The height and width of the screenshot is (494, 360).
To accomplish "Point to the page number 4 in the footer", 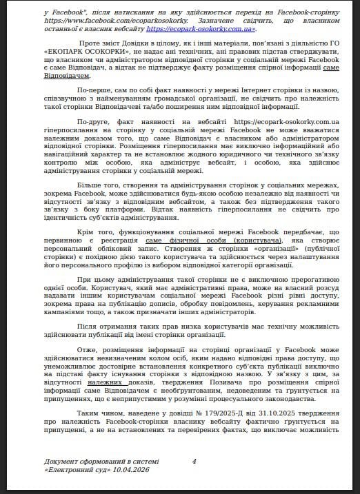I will point(194,461).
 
